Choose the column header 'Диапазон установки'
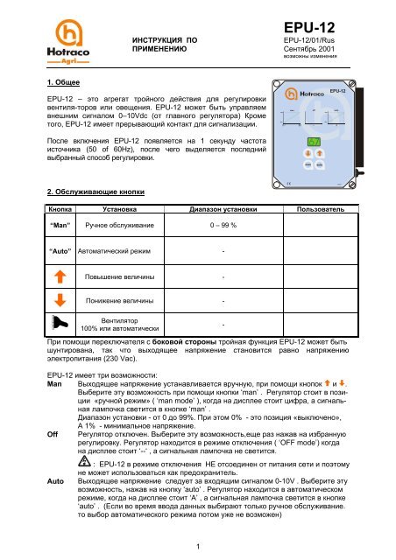pyautogui.click(x=222, y=211)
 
